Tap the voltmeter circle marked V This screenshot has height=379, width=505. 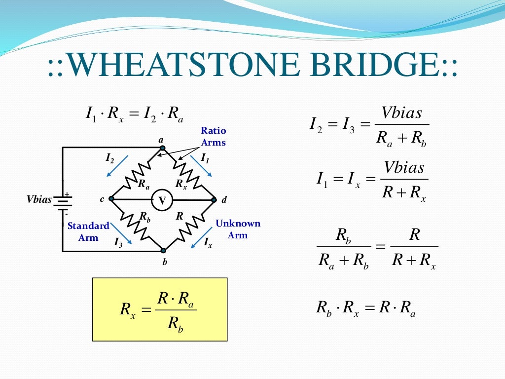click(x=162, y=200)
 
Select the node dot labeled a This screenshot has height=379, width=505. click(x=162, y=148)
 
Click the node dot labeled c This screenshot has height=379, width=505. click(x=111, y=199)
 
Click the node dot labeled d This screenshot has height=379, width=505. click(x=214, y=200)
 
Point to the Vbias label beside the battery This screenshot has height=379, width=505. click(x=39, y=200)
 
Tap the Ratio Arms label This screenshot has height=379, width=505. click(x=214, y=137)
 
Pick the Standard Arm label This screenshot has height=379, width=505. click(x=88, y=231)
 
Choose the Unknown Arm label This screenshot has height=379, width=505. click(x=238, y=229)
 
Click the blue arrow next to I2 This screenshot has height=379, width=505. click(x=117, y=165)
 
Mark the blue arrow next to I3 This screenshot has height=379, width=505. click(x=121, y=233)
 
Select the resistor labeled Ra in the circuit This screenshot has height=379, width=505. click(x=137, y=173)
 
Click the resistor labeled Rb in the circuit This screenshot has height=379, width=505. click(x=137, y=226)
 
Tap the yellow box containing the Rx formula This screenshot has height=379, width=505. click(x=160, y=309)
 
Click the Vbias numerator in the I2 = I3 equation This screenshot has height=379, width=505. click(x=402, y=113)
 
